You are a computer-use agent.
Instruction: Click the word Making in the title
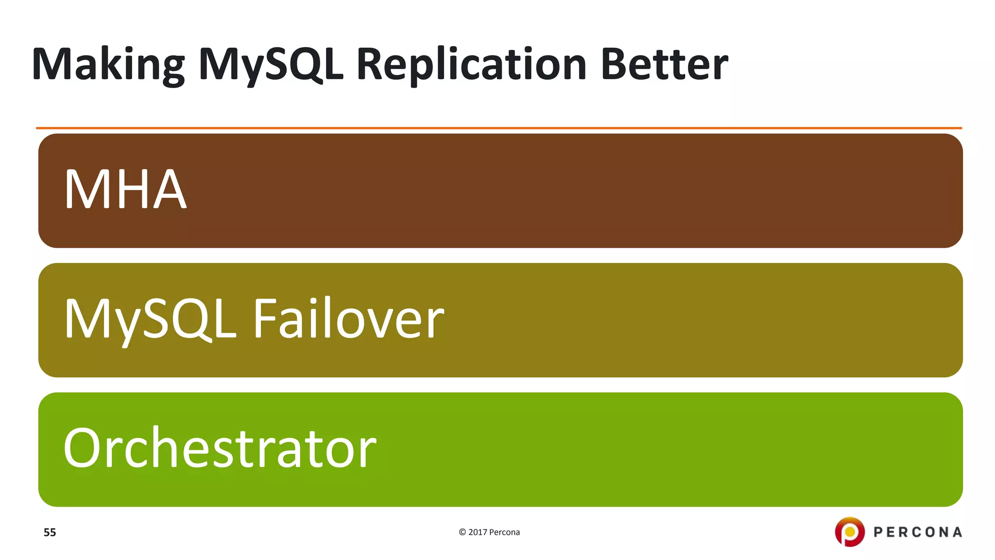(x=108, y=65)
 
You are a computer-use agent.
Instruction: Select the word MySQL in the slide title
(x=271, y=65)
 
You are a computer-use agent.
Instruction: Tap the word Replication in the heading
(x=471, y=65)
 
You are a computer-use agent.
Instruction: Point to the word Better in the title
(x=664, y=65)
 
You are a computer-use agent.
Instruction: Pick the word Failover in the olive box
(x=348, y=319)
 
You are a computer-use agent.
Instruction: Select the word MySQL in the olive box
(x=150, y=319)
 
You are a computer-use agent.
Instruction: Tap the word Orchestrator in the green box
(x=220, y=448)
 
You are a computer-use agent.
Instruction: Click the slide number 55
(x=50, y=532)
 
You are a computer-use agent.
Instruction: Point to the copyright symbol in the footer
(x=462, y=532)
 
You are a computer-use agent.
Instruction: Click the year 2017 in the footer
(x=478, y=532)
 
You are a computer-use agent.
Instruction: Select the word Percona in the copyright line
(x=504, y=532)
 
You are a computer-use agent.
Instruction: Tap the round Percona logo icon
(x=850, y=532)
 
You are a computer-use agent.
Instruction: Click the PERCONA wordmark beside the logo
(x=918, y=532)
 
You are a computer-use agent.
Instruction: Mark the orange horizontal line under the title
(x=498, y=128)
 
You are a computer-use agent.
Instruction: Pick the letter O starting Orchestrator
(x=83, y=448)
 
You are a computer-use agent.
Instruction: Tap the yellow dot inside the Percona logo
(x=850, y=531)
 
